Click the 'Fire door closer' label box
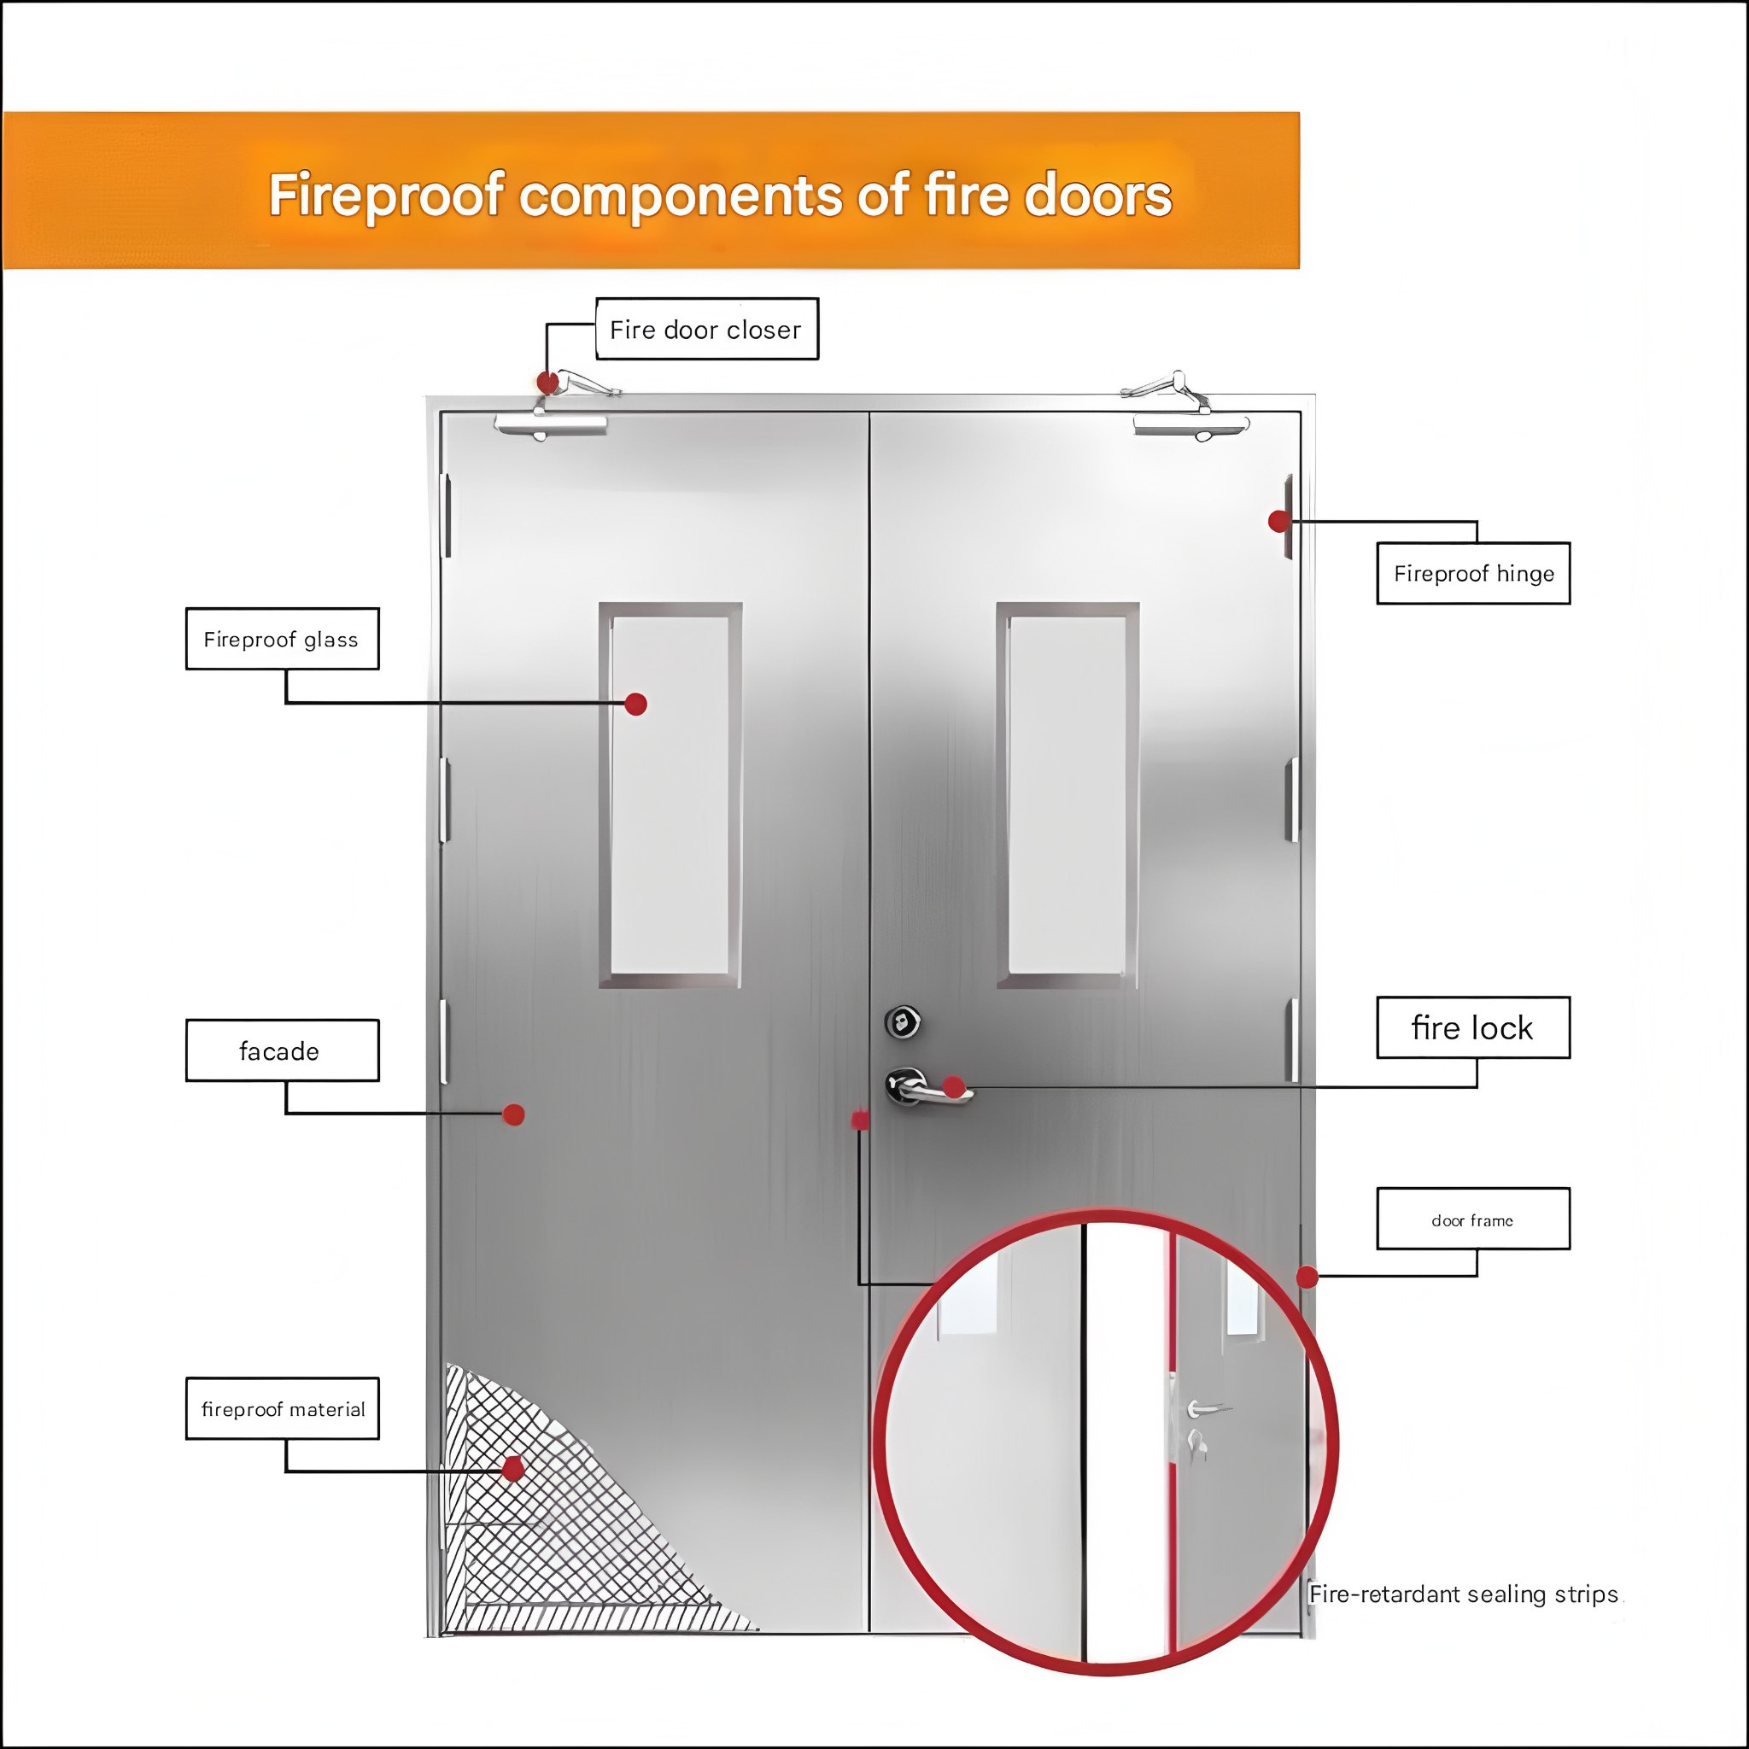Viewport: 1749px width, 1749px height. point(706,329)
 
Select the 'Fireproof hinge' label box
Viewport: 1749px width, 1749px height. point(1473,573)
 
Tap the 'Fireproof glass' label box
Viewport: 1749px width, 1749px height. point(283,639)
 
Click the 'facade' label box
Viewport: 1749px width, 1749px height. point(283,1050)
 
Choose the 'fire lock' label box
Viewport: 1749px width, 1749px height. point(1473,1027)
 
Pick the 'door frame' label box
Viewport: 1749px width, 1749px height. point(1473,1220)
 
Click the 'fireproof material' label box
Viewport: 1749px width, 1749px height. point(283,1408)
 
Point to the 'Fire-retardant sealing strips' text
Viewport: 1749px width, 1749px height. point(1464,1594)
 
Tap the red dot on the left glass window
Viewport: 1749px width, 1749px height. point(635,704)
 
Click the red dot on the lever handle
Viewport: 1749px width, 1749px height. point(953,1086)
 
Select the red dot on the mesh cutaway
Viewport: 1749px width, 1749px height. point(513,1468)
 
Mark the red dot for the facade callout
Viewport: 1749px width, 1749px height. point(513,1114)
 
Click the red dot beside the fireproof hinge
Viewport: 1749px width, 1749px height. point(1278,521)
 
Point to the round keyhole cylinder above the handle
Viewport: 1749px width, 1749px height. point(903,1022)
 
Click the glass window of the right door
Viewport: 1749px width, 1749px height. point(1068,795)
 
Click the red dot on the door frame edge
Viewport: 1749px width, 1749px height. point(1307,1277)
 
